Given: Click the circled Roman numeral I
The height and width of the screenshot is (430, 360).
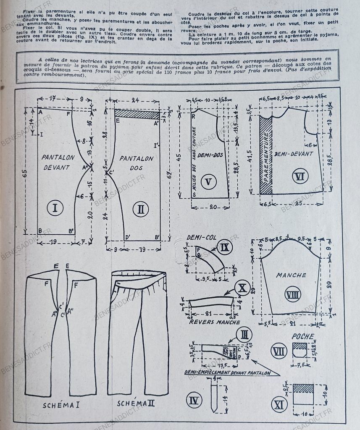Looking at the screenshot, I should pos(55,207).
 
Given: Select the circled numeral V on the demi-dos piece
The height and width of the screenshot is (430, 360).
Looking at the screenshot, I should pos(208,182).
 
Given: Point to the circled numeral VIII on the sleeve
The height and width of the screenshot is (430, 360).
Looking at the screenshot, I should pos(292,294).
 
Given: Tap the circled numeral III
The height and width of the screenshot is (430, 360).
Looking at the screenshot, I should pos(244,335).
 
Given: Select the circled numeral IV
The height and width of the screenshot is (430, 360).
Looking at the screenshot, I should pos(193,401).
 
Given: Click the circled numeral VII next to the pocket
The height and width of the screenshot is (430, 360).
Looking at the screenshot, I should pos(279,351).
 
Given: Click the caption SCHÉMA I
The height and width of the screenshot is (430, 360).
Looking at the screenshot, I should pos(61,405).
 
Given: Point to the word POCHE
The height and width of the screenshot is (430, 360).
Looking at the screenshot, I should pos(303,337).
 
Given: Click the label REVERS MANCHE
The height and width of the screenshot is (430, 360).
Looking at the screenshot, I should pos(215,322).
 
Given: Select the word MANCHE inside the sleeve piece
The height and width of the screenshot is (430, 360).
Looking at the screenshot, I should pos(291,275).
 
